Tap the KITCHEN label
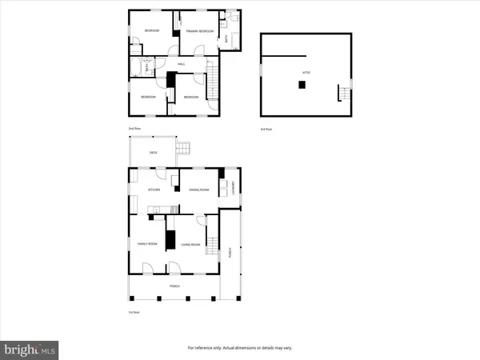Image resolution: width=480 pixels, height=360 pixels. coord(154,190)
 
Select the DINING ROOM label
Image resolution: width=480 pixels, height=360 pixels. coord(198,190)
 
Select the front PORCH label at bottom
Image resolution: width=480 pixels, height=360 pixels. coord(174,286)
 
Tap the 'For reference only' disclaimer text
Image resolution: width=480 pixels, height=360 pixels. coord(239,347)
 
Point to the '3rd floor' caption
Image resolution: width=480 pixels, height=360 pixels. coord(266,128)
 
